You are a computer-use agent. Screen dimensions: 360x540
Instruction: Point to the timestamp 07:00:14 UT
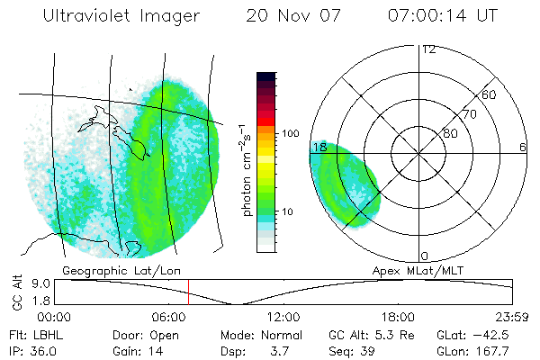pos(442,17)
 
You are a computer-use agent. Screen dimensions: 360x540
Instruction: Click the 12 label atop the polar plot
pos(428,49)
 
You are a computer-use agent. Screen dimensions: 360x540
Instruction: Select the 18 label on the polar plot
pos(319,147)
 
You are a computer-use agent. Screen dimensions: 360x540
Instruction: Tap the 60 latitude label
pos(490,95)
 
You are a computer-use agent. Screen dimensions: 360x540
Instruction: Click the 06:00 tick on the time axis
pos(169,318)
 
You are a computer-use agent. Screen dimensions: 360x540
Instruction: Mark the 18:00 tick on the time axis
pos(398,318)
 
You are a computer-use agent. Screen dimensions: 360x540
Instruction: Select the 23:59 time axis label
pos(511,318)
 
